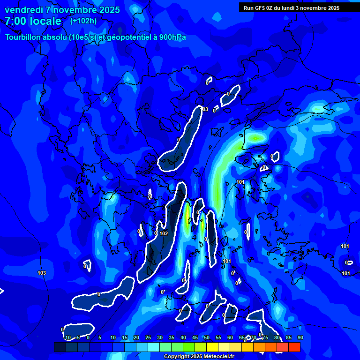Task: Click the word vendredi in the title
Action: pos(23,10)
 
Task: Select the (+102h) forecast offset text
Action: pos(83,21)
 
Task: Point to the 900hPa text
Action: pos(172,37)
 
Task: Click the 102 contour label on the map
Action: pos(164,233)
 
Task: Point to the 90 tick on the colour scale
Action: pos(300,337)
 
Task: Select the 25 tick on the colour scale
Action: pos(148,337)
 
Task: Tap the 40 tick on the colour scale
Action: pos(183,337)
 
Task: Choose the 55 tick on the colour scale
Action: pos(218,337)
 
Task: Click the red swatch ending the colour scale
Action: pos(294,347)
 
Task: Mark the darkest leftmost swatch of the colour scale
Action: pos(60,347)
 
